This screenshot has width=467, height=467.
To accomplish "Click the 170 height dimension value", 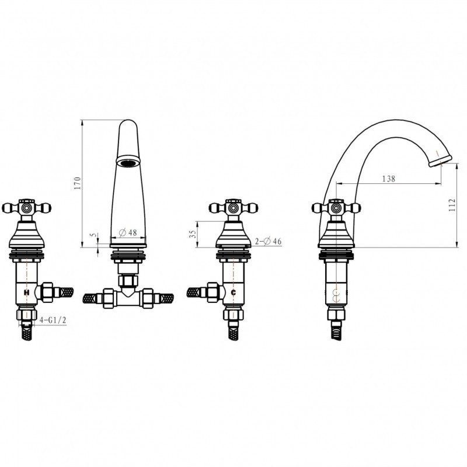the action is [78, 183].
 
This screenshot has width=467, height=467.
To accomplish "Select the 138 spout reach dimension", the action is [389, 179].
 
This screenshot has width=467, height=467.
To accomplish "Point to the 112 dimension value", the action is [452, 205].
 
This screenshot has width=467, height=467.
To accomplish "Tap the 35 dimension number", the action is [193, 234].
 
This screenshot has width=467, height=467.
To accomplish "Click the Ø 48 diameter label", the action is [128, 232].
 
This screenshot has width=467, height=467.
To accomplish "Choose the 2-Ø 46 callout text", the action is [268, 241].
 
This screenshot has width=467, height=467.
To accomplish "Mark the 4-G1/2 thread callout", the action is [53, 320].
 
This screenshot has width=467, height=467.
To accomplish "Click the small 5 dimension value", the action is [95, 235].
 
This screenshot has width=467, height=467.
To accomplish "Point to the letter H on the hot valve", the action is [26, 292].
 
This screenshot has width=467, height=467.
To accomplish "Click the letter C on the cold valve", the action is [233, 292].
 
